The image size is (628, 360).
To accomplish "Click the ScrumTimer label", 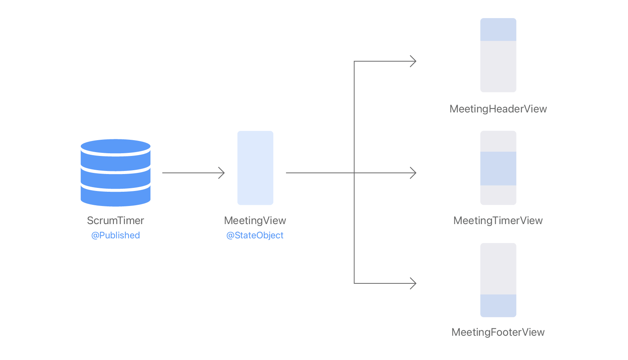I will tap(115, 221).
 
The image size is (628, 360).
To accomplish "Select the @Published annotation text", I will tap(115, 235).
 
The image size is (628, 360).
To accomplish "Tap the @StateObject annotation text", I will tap(255, 235).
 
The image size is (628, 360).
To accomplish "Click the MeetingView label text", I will tap(255, 221).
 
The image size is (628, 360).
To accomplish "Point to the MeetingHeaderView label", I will tap(498, 109).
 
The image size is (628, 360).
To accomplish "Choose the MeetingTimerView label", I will tap(498, 221).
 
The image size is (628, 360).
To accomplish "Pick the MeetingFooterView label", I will tap(498, 332).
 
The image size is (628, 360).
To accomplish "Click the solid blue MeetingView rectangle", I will tap(255, 168).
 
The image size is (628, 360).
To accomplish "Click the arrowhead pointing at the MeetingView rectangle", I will tap(222, 173).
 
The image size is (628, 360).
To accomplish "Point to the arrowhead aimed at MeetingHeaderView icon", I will tap(414, 61).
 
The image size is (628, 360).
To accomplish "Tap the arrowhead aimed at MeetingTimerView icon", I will tap(414, 173).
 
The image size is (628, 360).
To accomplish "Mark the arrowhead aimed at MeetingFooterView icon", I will tap(414, 283).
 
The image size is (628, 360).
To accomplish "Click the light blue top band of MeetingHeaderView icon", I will tap(498, 30).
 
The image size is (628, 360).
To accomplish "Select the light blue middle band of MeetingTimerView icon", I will tap(498, 169).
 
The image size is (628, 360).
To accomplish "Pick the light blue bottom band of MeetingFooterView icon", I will tap(498, 306).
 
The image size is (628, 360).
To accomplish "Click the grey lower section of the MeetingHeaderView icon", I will tap(498, 66).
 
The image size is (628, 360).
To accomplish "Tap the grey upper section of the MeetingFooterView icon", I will tap(498, 269).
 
